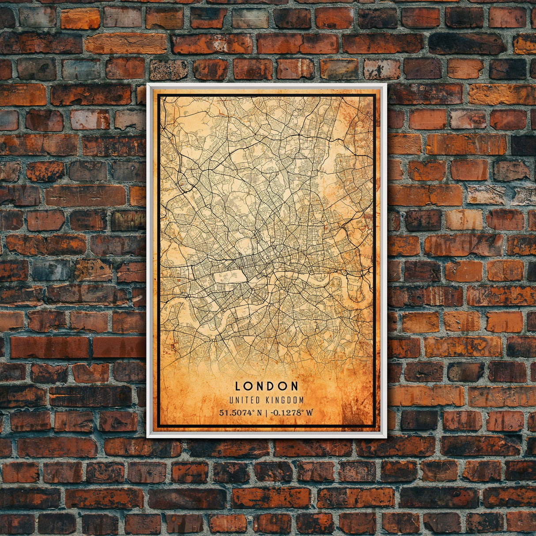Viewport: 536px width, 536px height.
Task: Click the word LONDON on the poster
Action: click(x=267, y=386)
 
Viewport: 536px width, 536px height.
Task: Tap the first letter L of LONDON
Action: click(x=238, y=386)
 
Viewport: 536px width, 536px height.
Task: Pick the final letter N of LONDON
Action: click(x=294, y=386)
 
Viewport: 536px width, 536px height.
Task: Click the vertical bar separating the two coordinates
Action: click(x=266, y=413)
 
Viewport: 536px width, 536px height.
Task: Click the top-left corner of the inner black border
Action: click(x=159, y=95)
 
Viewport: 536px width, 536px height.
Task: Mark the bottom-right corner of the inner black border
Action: click(x=375, y=427)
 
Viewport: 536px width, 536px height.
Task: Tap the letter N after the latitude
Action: click(x=259, y=413)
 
